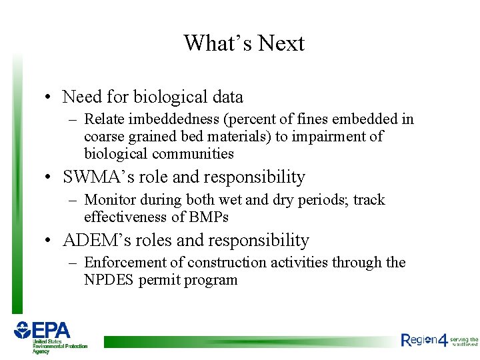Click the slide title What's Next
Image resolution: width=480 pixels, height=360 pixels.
(244, 43)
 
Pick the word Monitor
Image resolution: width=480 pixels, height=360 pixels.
(111, 200)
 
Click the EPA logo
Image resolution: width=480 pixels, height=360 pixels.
(50, 336)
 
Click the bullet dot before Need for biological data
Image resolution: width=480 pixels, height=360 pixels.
(49, 98)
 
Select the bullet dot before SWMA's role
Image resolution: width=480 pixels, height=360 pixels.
(49, 178)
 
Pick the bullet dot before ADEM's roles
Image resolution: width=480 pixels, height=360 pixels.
(49, 241)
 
